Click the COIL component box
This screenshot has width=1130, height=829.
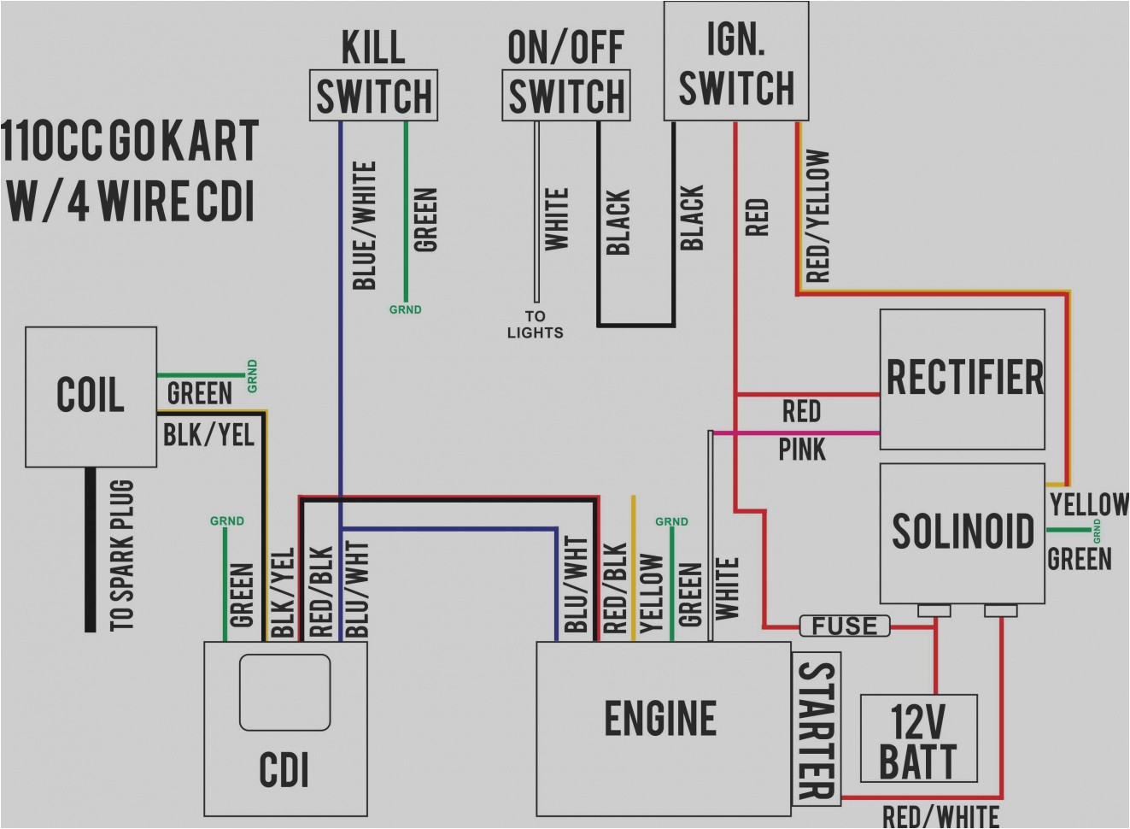[x=91, y=396]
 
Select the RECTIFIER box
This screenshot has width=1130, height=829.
[x=963, y=379]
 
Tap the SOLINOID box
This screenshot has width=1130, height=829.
[x=963, y=532]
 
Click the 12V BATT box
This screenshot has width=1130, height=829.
[x=918, y=739]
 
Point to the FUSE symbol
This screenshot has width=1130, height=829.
[x=845, y=626]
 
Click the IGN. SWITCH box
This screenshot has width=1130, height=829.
[x=736, y=62]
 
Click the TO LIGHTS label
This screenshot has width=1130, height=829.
[x=535, y=325]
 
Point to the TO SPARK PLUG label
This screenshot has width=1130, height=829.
[x=122, y=556]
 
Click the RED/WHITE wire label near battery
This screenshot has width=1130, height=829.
[x=940, y=816]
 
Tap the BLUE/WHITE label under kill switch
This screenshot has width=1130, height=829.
[x=365, y=225]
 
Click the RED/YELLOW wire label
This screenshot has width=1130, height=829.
[x=817, y=216]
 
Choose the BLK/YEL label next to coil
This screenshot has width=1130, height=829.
[x=208, y=435]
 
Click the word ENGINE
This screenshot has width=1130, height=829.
[x=660, y=718]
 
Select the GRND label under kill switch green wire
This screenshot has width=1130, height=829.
[x=405, y=309]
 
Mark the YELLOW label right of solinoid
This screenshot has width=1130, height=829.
[x=1089, y=503]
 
